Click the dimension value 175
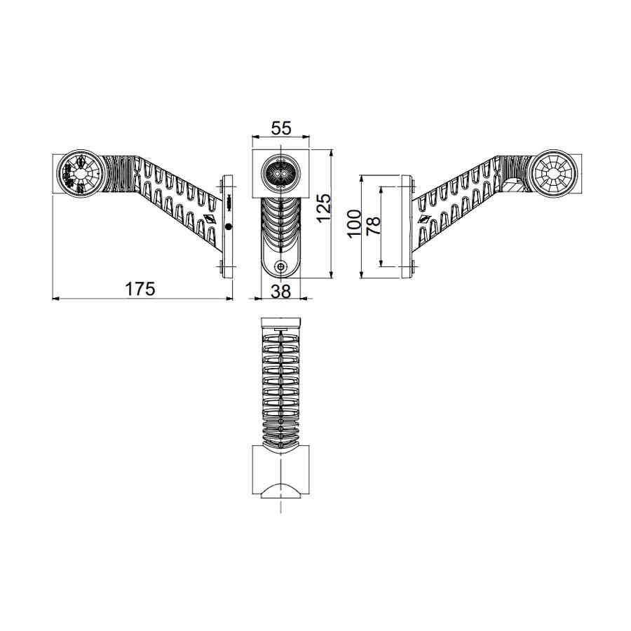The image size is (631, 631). click(140, 287)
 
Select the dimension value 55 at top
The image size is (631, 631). click(280, 128)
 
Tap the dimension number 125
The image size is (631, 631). click(323, 209)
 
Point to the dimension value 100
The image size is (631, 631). click(355, 223)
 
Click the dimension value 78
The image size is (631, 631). click(374, 224)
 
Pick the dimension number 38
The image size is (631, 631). click(280, 292)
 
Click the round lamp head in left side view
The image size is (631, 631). click(79, 173)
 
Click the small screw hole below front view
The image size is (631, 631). click(281, 267)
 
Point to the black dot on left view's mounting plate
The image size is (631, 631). click(228, 227)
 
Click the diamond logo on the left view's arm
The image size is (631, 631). click(209, 219)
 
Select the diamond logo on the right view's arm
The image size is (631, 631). click(423, 219)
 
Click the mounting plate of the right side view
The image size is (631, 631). click(407, 226)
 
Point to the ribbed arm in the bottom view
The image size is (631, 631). click(280, 386)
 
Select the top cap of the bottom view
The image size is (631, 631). click(280, 323)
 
